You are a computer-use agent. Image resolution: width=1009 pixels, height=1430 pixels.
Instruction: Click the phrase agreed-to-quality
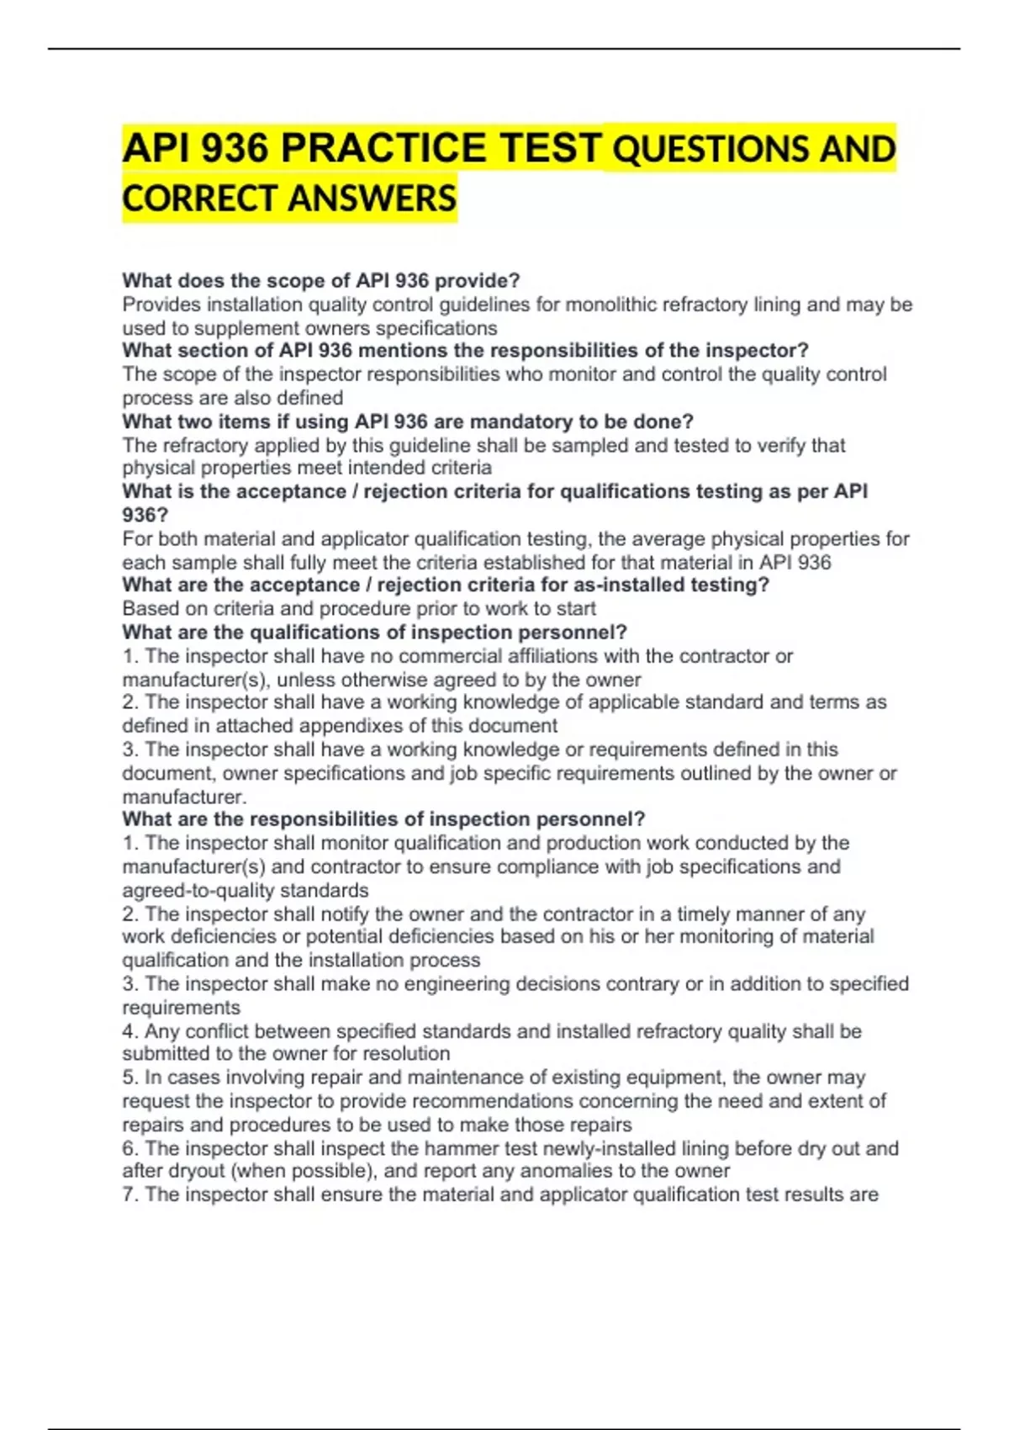[x=198, y=890]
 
